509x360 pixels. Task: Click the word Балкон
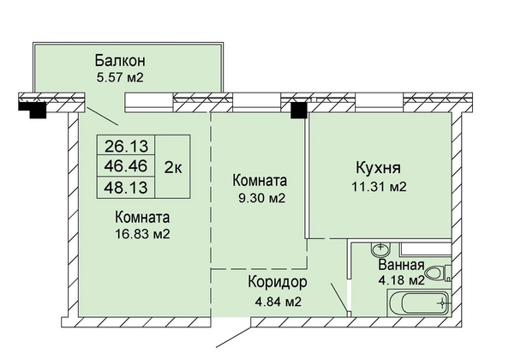(x=120, y=61)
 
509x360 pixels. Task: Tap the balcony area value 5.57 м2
(x=120, y=78)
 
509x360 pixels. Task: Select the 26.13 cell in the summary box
(x=126, y=146)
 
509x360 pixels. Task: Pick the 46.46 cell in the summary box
(x=126, y=166)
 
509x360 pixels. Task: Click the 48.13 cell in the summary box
(x=126, y=188)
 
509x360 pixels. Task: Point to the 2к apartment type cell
(x=173, y=166)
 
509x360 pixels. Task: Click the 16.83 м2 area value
(x=142, y=234)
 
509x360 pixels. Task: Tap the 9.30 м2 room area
(x=261, y=198)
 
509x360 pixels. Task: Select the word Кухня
(x=378, y=168)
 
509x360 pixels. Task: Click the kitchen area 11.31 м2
(x=379, y=187)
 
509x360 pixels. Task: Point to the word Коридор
(x=278, y=283)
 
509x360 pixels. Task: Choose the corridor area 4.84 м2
(x=278, y=302)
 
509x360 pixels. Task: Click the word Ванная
(x=401, y=265)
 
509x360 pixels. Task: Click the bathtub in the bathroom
(x=418, y=303)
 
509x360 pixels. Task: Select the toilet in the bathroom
(x=438, y=273)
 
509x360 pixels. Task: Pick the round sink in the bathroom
(x=380, y=249)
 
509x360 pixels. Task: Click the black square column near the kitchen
(x=299, y=111)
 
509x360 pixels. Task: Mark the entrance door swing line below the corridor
(x=233, y=336)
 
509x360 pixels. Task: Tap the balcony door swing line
(x=103, y=117)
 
